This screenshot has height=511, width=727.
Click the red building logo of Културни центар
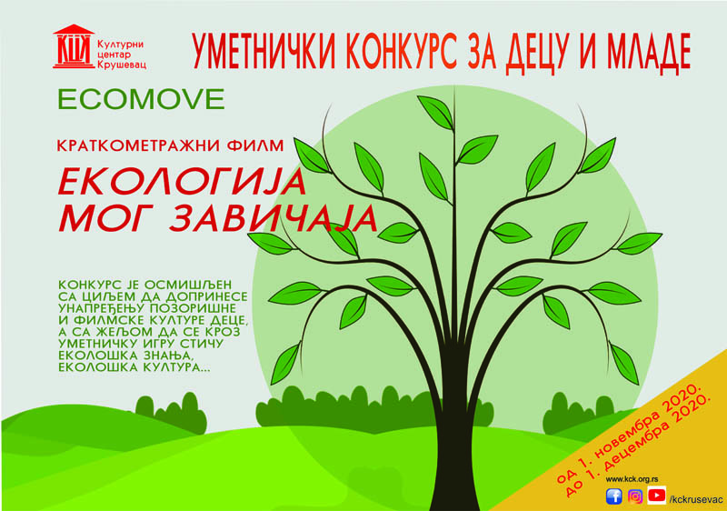(x=74, y=46)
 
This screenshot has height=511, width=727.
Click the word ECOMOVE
(x=142, y=99)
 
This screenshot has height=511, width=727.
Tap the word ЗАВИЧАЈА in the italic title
(x=273, y=218)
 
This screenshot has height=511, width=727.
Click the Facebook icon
(x=614, y=496)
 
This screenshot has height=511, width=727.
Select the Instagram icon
(x=635, y=496)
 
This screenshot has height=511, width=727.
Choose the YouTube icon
(x=656, y=496)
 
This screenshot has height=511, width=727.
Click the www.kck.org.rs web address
(x=632, y=479)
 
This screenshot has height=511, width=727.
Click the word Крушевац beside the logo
(x=122, y=65)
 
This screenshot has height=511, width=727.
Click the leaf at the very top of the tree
(x=435, y=112)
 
